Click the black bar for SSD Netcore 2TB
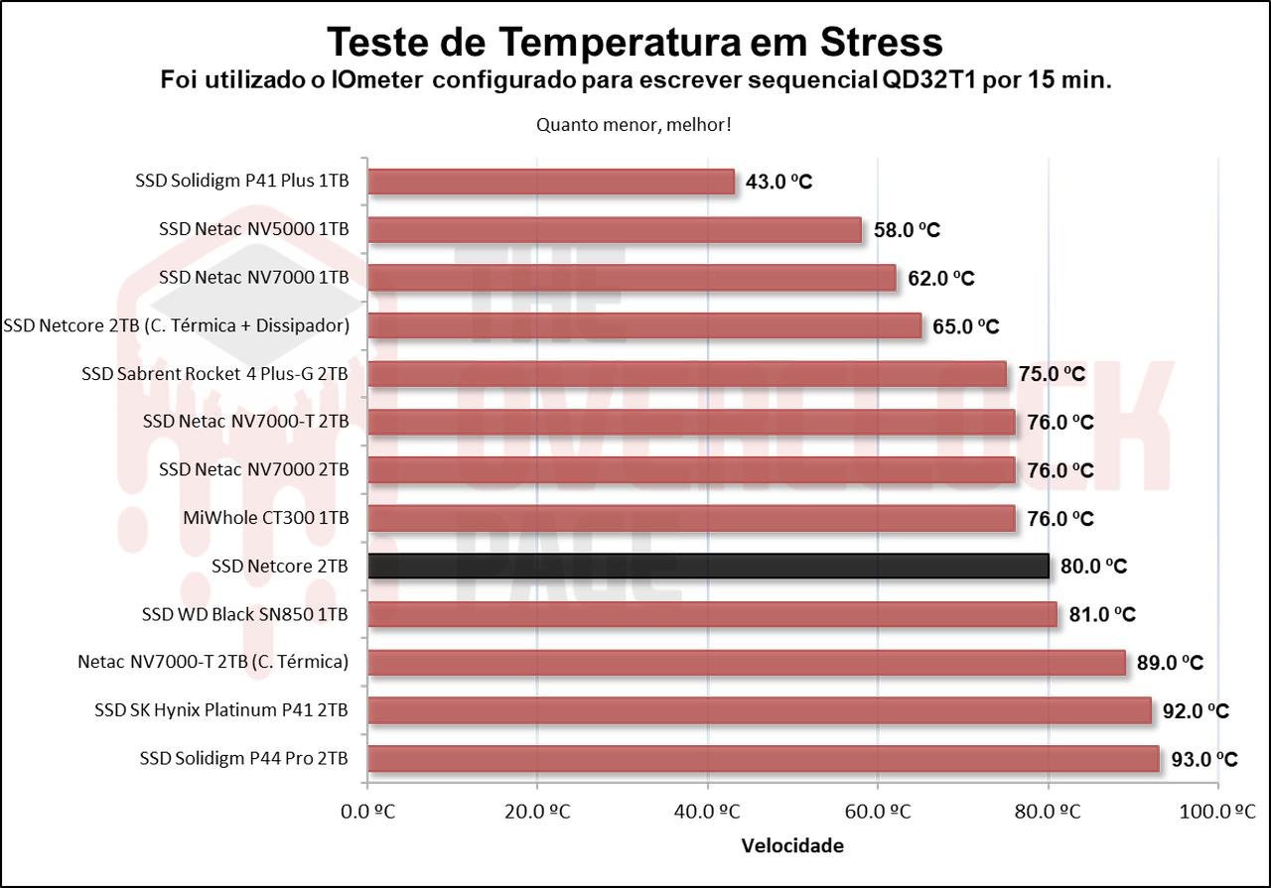point(708,566)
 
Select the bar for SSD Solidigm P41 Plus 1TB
point(551,182)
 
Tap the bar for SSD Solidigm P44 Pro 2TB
point(763,759)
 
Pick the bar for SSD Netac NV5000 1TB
point(615,230)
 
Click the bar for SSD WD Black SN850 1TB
point(712,615)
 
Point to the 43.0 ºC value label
point(779,182)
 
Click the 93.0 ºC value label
point(1204,760)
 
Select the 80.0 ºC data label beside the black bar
point(1094,567)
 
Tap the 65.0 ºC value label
point(966,326)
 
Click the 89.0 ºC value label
point(1171,663)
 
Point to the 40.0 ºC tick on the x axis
point(708,812)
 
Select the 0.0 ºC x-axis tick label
point(367,812)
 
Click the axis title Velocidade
point(792,846)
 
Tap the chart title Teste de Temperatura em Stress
point(635,42)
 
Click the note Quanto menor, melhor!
point(635,125)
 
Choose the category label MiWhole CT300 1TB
point(266,518)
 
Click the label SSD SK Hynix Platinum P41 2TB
point(221,710)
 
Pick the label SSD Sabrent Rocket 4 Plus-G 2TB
point(215,374)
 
